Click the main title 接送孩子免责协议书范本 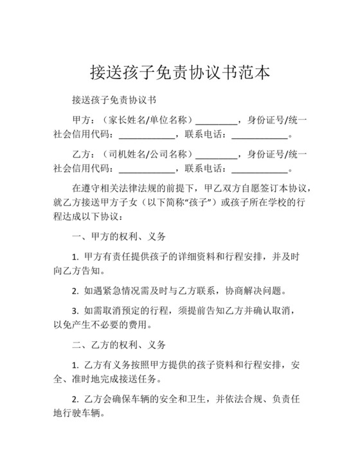[179, 71]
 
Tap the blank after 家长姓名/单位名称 [216, 120]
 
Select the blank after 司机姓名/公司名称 [216, 154]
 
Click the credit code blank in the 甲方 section [147, 136]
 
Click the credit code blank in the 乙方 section [147, 170]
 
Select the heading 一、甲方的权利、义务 [119, 237]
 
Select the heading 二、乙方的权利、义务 [119, 345]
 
